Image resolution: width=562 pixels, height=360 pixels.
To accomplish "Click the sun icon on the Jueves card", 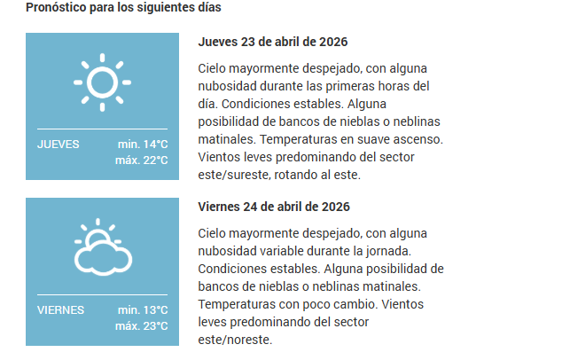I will click(x=102, y=82).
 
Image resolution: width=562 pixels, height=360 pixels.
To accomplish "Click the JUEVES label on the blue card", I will click(x=59, y=145).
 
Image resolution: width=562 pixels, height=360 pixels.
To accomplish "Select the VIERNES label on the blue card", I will click(x=61, y=310).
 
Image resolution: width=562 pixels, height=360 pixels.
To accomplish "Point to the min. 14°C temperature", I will click(x=142, y=145).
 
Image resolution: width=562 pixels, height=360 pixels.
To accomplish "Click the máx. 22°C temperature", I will click(x=141, y=160).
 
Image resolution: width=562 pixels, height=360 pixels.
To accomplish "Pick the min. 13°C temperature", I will click(x=142, y=310).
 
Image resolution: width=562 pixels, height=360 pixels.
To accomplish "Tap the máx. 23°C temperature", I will click(x=141, y=326).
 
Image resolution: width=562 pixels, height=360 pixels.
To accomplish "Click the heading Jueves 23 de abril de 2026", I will click(x=273, y=43).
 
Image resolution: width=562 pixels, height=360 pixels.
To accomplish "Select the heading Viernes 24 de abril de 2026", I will click(x=274, y=207).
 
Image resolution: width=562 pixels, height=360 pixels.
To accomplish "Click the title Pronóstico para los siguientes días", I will click(x=123, y=7).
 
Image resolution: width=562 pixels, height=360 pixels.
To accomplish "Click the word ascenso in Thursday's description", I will click(x=417, y=139).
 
